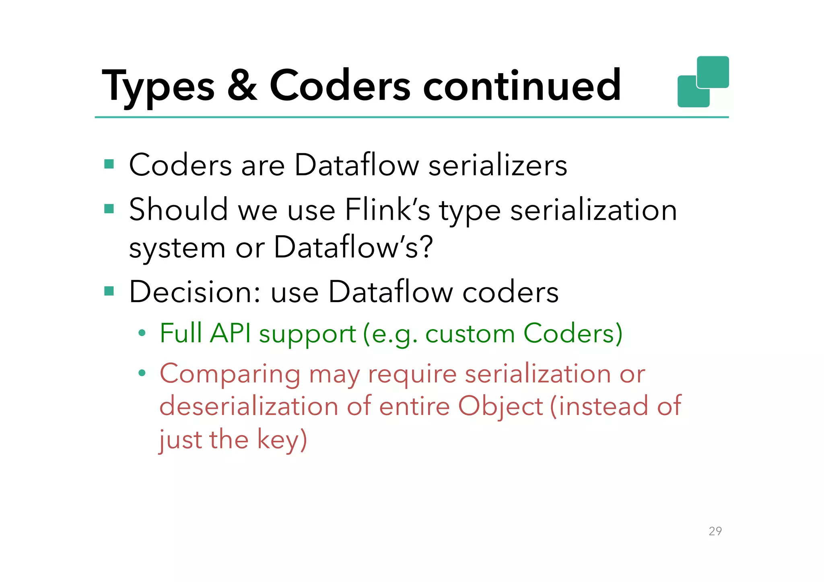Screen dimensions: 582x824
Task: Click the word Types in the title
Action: (x=158, y=86)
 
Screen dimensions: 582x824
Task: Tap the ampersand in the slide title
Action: (x=242, y=85)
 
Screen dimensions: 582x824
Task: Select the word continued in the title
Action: (x=522, y=85)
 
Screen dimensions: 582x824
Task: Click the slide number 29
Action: (x=715, y=531)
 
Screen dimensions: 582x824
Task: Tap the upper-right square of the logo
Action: (x=713, y=72)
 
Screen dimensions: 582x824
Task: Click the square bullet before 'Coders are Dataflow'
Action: (x=109, y=164)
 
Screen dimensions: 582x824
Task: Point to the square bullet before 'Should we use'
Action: (x=109, y=209)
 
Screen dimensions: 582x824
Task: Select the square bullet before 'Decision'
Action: (x=109, y=291)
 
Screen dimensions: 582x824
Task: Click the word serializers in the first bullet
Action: (x=498, y=165)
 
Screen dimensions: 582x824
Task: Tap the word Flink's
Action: (x=387, y=210)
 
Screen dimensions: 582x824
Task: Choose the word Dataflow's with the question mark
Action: (x=353, y=247)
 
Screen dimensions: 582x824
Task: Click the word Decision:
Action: (x=195, y=292)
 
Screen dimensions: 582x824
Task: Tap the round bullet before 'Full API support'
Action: (x=141, y=333)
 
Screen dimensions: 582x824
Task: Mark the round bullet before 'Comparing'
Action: (x=141, y=373)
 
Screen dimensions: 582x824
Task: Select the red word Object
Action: (x=501, y=406)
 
